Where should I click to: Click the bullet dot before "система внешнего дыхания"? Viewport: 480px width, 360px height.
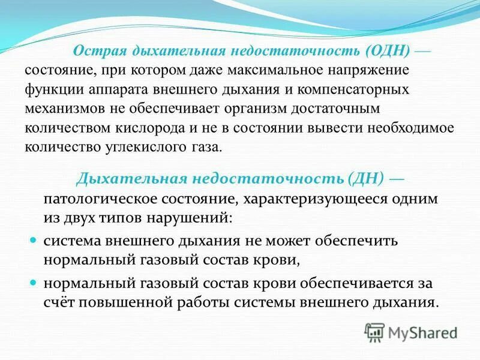click(x=34, y=239)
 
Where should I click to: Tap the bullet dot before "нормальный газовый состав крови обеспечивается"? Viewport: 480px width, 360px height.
click(x=34, y=282)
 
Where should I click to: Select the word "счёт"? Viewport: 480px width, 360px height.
click(x=59, y=302)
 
